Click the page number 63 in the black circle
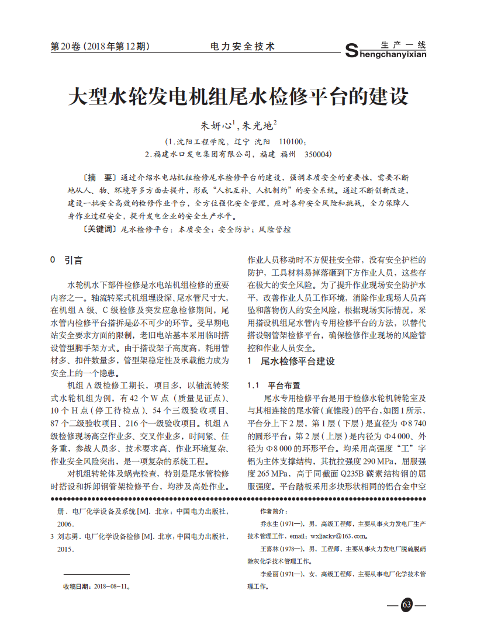(x=406, y=605)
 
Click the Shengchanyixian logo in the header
(x=386, y=50)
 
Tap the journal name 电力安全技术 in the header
(x=242, y=47)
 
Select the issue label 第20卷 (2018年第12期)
(x=100, y=47)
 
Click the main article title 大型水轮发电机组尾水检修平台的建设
(x=238, y=96)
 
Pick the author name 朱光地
(x=258, y=126)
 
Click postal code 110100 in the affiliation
(x=293, y=141)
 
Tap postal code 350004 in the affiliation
(x=316, y=154)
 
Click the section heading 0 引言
(x=67, y=260)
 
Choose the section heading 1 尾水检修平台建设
(x=291, y=362)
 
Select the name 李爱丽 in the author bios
(x=268, y=574)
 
